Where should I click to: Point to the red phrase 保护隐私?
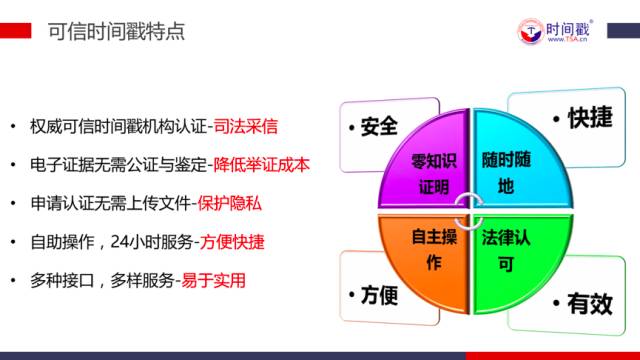(x=231, y=203)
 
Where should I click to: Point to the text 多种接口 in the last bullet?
(x=62, y=279)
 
